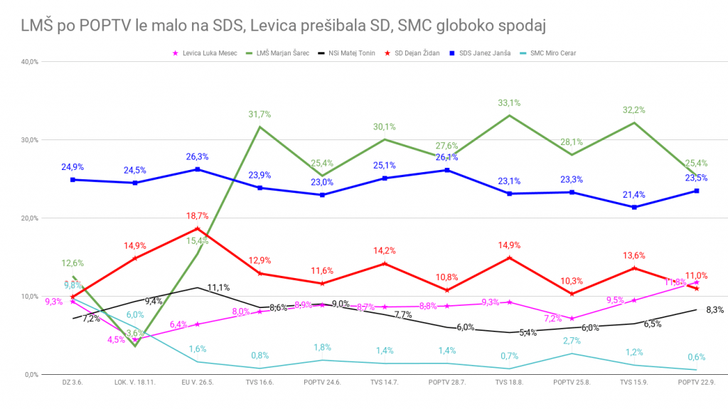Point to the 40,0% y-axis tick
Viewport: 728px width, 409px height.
29,62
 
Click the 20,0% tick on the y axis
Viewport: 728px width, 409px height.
29,218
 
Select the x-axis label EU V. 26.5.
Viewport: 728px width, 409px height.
197,383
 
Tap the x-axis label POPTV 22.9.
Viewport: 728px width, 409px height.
696,383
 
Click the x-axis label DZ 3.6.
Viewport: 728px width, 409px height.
73,383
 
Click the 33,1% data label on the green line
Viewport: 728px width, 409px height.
509,103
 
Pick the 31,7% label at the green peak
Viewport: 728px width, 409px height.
259,115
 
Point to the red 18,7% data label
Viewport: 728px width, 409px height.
198,216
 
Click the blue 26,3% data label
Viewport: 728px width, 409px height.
198,157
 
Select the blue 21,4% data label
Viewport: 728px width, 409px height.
634,195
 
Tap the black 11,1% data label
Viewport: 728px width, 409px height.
218,288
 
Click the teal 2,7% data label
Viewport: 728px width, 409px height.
572,341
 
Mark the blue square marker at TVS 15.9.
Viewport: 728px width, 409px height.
634,207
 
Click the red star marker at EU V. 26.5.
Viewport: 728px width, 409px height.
198,228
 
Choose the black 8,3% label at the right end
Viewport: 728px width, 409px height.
715,309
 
